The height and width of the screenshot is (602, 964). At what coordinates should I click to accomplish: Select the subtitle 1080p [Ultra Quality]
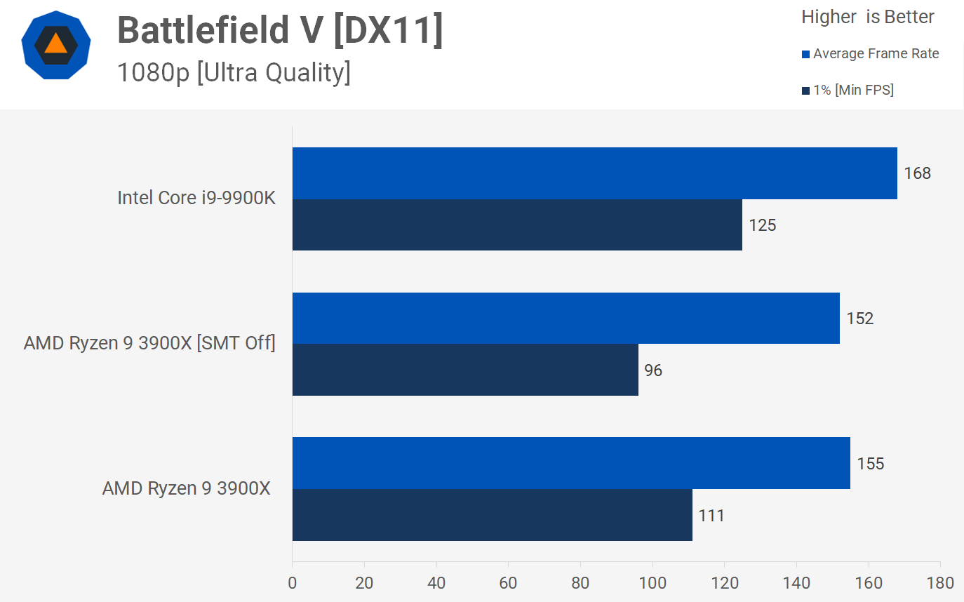click(233, 72)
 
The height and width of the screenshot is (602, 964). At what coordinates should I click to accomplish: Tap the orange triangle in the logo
click(55, 44)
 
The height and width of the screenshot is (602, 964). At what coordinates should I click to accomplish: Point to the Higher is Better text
click(868, 18)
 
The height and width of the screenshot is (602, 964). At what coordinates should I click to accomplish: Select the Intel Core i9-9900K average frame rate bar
click(594, 173)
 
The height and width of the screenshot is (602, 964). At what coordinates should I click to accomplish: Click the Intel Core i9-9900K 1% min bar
click(517, 225)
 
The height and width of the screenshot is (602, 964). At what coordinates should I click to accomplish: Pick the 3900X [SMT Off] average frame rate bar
click(565, 318)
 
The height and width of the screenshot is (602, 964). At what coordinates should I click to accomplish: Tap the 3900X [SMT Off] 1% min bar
click(465, 370)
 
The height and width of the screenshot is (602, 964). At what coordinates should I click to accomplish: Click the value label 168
click(917, 173)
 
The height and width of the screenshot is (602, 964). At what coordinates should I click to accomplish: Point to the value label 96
click(653, 370)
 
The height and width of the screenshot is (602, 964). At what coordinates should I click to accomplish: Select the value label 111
click(711, 516)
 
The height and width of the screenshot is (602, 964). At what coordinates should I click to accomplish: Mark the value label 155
click(870, 463)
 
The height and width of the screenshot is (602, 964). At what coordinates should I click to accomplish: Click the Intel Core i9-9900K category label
click(196, 198)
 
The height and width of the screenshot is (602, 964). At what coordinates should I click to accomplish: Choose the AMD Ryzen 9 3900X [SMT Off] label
click(149, 343)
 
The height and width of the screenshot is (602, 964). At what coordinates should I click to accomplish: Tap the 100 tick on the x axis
click(652, 583)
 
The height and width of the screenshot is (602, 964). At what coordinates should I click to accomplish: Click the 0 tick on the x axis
click(293, 583)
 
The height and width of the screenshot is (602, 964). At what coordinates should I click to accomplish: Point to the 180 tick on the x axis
click(940, 583)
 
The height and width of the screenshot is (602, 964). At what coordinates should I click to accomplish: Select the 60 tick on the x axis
click(509, 583)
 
